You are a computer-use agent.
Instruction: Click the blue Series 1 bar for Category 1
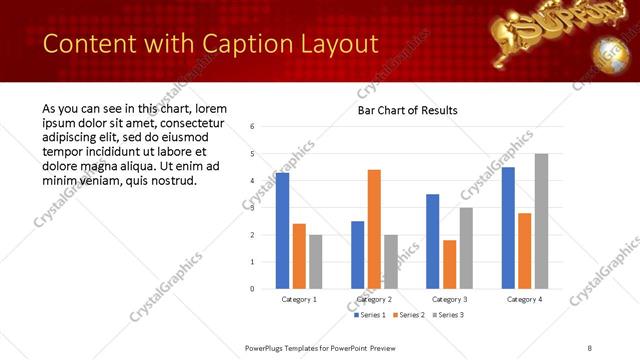point(282,231)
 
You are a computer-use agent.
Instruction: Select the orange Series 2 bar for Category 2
point(374,229)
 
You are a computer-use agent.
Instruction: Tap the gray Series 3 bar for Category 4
point(541,221)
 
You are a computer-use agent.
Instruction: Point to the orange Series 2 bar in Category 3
point(449,264)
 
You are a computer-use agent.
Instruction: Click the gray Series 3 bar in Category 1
point(315,262)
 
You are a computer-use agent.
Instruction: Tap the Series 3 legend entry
point(448,315)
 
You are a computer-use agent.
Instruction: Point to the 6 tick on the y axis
point(253,127)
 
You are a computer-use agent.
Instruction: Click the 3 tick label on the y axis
point(253,208)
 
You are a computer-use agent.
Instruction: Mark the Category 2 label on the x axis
point(374,299)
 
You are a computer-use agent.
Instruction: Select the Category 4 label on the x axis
point(524,299)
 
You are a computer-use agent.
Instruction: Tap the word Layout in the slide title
point(335,44)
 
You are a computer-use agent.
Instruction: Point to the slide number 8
point(590,347)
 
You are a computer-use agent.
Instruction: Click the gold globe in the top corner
point(607,52)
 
